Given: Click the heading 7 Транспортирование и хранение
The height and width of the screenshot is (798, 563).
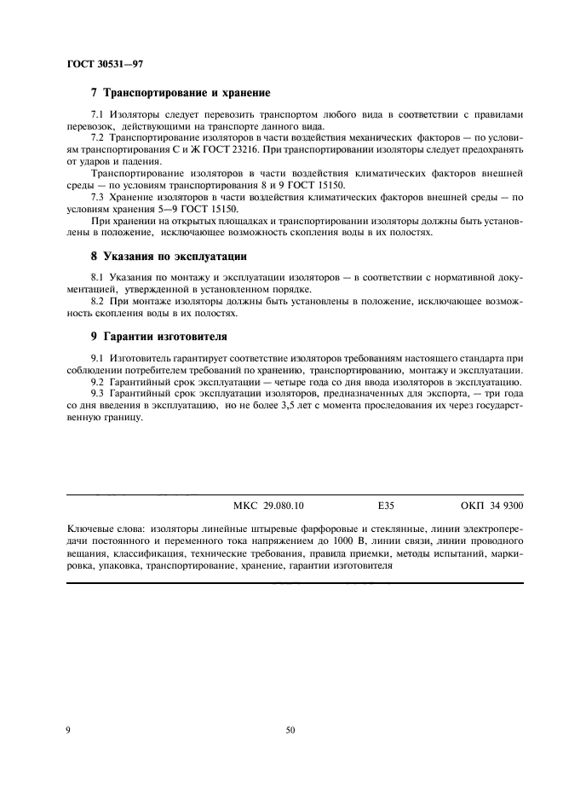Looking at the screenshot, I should click(x=181, y=92).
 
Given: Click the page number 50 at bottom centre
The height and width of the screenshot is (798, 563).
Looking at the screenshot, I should click(x=290, y=730).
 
